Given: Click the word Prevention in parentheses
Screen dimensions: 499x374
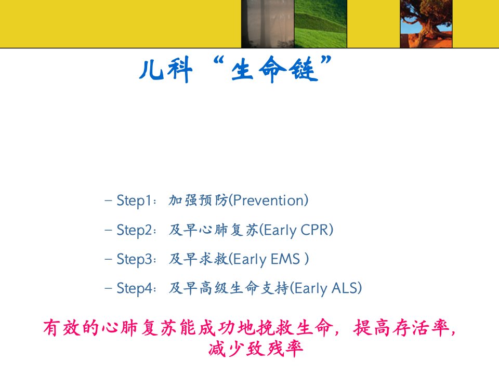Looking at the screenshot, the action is [269, 201].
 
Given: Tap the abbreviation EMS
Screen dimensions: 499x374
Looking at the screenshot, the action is [285, 259].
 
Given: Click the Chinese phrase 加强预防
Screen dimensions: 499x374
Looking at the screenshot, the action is [198, 201].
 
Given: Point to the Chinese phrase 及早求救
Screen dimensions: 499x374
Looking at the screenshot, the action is [199, 259].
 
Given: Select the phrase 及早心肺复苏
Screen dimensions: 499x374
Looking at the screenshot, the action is [214, 230].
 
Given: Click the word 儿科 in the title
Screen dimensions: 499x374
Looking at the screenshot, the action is [166, 70].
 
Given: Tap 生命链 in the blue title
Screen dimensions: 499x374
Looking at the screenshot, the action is [274, 69].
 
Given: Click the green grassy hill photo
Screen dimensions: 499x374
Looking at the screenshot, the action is [321, 24].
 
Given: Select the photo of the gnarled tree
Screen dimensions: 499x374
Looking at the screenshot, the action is [426, 24].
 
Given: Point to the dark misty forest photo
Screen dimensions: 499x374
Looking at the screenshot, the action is [268, 24].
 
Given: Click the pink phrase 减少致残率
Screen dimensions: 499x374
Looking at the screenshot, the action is [256, 349].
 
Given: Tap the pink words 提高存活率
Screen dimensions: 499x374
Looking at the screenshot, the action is [401, 328].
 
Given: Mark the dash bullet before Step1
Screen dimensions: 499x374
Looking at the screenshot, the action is [108, 201].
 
